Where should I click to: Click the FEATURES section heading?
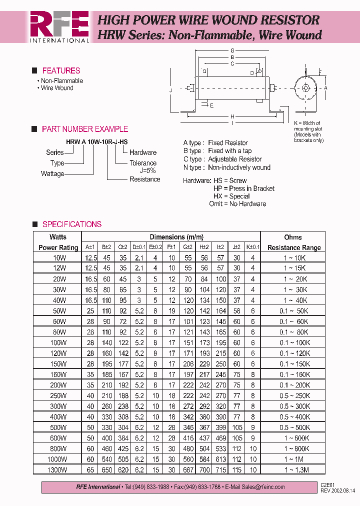(61, 71)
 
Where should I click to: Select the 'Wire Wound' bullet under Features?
(57, 88)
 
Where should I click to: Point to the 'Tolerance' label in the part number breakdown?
(143, 163)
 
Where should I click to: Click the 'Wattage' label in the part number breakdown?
(52, 174)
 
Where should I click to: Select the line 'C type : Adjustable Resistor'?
(222, 159)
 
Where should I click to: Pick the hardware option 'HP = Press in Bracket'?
(244, 188)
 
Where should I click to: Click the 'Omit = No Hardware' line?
(237, 204)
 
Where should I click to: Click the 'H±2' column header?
(204, 247)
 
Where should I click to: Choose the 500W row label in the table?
(59, 427)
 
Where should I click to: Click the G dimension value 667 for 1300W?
(188, 470)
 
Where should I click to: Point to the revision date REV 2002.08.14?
(338, 490)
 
